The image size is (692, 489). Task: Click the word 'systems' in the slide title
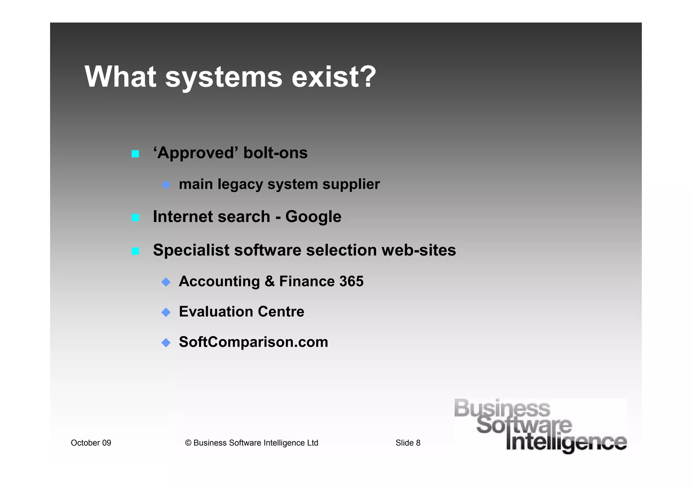223,77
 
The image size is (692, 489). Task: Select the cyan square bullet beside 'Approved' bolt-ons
135,154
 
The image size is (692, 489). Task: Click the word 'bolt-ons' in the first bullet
275,153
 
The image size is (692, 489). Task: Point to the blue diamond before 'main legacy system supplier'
166,185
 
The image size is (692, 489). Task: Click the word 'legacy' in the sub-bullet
240,185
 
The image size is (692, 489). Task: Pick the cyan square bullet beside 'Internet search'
135,217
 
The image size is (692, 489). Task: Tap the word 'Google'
313,217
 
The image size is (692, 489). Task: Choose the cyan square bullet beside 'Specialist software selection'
135,251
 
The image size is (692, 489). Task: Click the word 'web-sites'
419,250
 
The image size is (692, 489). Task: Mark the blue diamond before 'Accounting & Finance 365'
166,282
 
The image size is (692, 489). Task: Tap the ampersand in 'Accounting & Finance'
270,281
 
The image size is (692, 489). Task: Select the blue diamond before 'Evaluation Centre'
166,312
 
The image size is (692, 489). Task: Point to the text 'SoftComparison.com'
253,342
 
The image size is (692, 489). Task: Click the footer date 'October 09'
91,443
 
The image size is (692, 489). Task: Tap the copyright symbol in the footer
188,443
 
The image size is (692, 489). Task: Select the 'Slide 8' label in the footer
408,443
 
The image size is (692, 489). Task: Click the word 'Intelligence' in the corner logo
566,443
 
